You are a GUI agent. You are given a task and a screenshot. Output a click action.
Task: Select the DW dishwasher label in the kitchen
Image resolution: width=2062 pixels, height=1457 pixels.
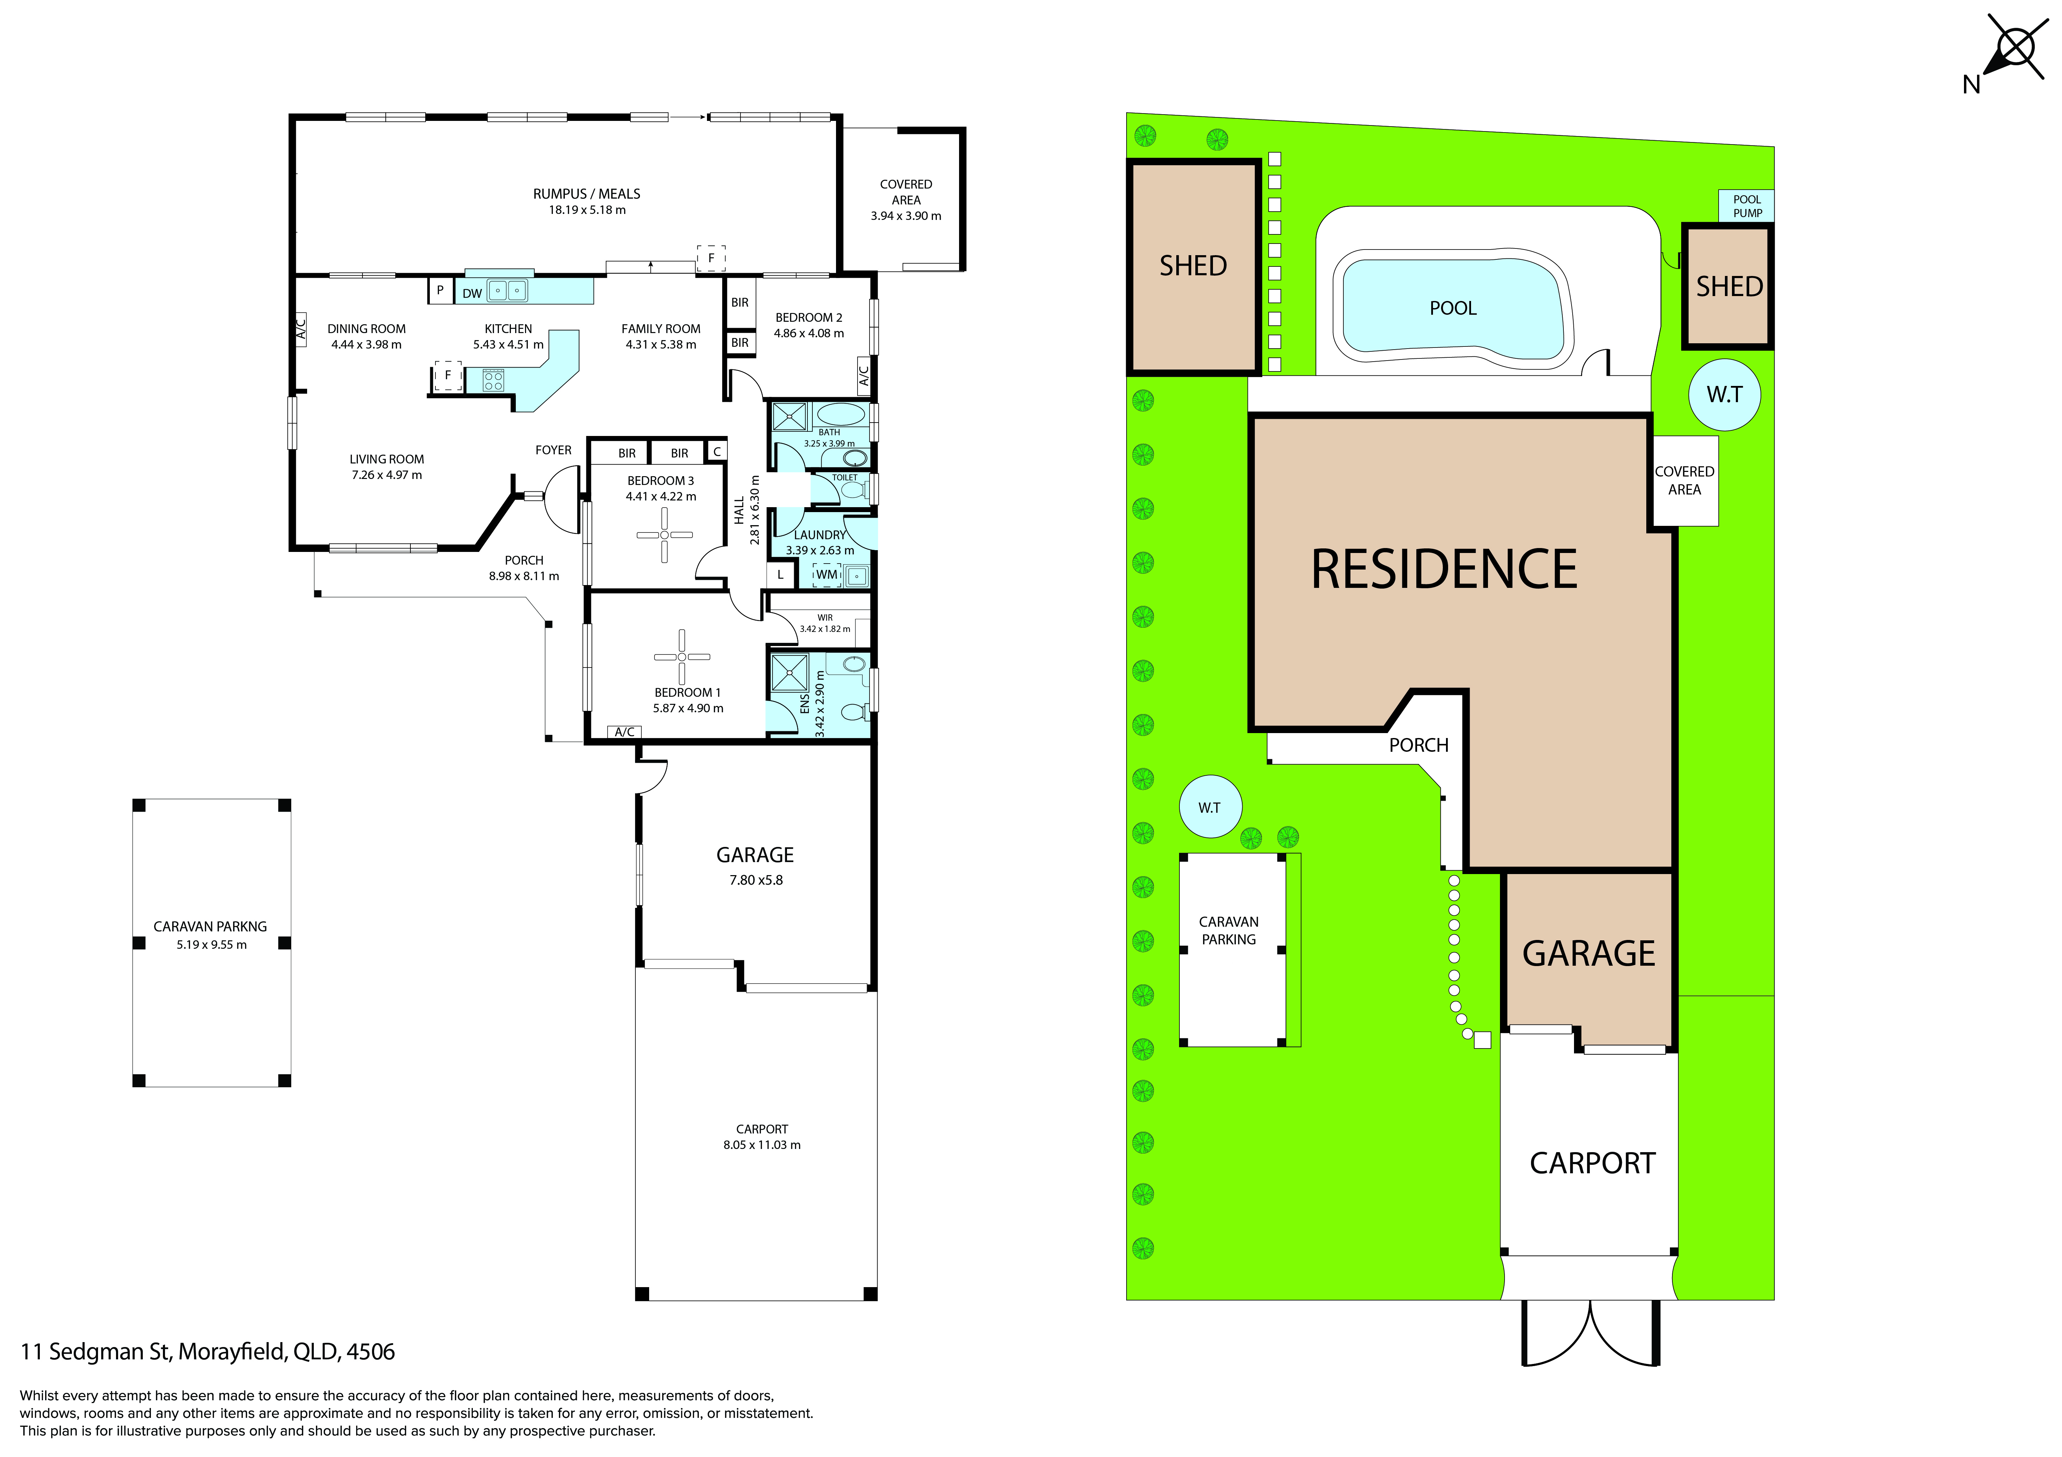472,294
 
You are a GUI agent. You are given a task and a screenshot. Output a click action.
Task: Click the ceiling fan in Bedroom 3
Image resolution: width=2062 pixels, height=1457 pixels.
665,535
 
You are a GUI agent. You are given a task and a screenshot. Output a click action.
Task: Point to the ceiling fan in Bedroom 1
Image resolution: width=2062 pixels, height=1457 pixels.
682,657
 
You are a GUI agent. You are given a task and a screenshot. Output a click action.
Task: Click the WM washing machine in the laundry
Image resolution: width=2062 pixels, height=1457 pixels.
826,574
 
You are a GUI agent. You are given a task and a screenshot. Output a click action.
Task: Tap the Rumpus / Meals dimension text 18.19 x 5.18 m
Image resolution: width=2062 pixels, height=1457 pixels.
587,210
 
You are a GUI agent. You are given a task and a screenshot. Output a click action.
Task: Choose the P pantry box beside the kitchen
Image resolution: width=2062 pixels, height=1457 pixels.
440,291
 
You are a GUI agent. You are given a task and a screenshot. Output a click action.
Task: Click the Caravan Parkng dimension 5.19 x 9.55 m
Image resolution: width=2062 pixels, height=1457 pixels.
212,945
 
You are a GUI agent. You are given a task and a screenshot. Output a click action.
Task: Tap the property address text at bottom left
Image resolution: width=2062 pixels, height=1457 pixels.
207,1352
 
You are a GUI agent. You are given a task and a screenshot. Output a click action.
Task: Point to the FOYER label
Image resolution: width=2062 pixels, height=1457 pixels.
553,451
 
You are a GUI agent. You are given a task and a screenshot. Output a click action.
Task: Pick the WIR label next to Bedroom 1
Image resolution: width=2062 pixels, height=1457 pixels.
825,617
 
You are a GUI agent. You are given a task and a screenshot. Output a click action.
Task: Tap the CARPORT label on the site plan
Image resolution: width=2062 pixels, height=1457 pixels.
1592,1163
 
